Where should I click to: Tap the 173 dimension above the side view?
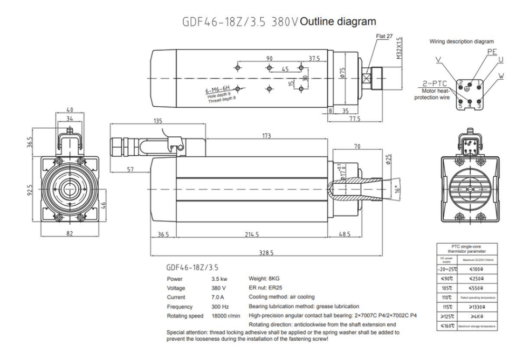[267, 136]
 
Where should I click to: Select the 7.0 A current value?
[219, 296]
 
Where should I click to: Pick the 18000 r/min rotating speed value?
[226, 315]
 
